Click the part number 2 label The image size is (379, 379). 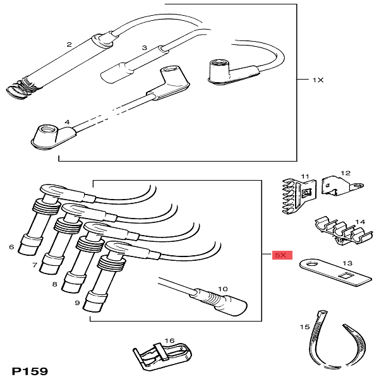click(69, 45)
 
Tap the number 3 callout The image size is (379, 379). click(145, 48)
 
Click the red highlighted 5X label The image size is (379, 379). click(280, 255)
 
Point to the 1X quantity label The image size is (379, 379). click(318, 80)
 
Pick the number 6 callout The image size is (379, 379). click(11, 246)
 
